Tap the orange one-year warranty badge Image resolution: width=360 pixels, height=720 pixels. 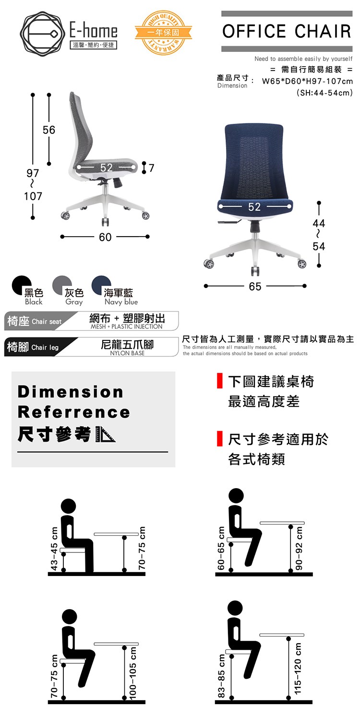(x=163, y=33)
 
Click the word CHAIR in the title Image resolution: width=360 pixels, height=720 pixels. (x=323, y=31)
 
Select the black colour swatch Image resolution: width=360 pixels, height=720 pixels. (x=22, y=285)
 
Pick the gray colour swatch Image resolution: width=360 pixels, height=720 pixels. (x=62, y=285)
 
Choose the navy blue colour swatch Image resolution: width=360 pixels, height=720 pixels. (x=101, y=285)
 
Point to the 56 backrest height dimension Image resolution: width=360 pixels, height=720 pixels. (x=49, y=130)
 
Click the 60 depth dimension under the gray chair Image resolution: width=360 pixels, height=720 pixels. (x=105, y=237)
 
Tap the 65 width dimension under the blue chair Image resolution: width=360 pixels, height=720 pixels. (x=255, y=287)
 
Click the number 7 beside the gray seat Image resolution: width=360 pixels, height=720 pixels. (x=151, y=168)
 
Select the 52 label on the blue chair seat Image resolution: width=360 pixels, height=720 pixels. (x=254, y=207)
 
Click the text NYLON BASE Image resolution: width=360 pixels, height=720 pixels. (x=127, y=353)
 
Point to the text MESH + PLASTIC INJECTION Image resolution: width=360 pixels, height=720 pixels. (x=126, y=326)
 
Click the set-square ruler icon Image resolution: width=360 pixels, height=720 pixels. (x=105, y=434)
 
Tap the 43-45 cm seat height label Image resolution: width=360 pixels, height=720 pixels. (x=54, y=549)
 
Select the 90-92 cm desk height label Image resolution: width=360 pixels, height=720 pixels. (x=299, y=548)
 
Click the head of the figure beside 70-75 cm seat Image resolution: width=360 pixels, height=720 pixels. (x=70, y=616)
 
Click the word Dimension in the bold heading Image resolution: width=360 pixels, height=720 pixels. (x=71, y=392)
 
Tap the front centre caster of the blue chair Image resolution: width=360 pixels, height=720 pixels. (x=255, y=271)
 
